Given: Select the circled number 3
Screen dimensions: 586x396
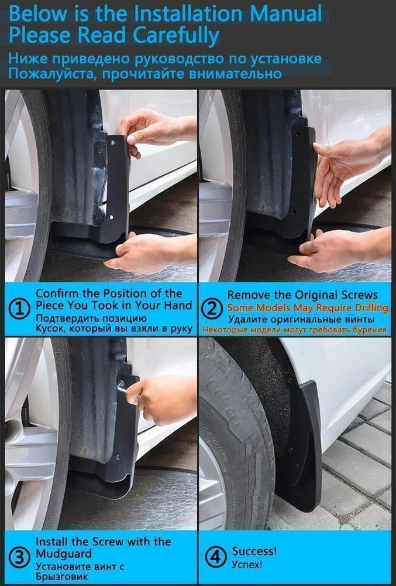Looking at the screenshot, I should tap(20, 557).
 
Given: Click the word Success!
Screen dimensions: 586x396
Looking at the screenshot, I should tap(254, 551).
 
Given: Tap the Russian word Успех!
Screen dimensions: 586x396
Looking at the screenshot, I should tap(247, 564).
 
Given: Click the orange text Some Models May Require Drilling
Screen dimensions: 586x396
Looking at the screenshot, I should tap(307, 308).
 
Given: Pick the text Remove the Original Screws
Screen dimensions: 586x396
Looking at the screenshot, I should tap(302, 295).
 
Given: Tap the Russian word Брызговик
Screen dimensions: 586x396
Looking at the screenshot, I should tap(61, 577).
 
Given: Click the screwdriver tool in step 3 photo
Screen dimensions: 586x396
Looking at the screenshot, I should tap(122, 387).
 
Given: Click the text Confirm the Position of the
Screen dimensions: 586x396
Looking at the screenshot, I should tap(109, 293).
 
